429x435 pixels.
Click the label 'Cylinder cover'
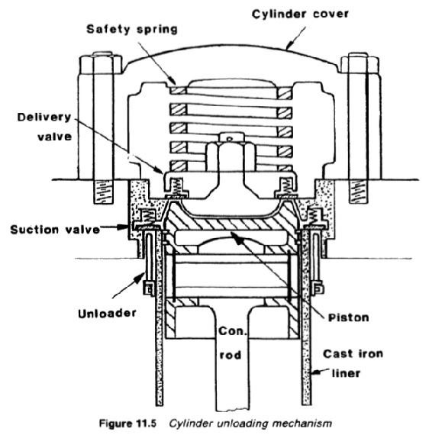pyautogui.click(x=300, y=14)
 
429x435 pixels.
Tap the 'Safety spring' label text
pyautogui.click(x=132, y=30)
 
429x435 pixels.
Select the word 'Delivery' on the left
pyautogui.click(x=44, y=118)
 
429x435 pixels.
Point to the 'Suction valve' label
pyautogui.click(x=55, y=230)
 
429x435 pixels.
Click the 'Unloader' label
pyautogui.click(x=107, y=314)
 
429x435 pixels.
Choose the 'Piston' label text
pyautogui.click(x=348, y=317)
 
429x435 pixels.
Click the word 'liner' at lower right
pyautogui.click(x=346, y=373)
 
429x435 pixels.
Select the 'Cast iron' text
pyautogui.click(x=353, y=353)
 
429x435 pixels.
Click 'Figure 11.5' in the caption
pyautogui.click(x=127, y=424)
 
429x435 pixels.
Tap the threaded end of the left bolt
pyautogui.click(x=104, y=192)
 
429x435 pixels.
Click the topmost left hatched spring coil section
pyautogui.click(x=178, y=90)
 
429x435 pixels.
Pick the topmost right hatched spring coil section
pyautogui.click(x=285, y=93)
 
